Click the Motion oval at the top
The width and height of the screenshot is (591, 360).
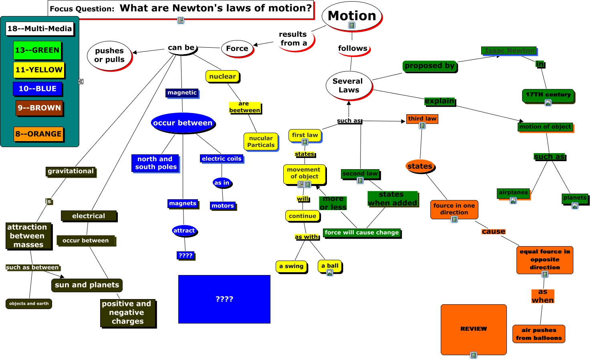pos(352,16)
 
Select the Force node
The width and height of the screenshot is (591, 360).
pos(237,49)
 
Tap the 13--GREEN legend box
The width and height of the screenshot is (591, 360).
pos(37,51)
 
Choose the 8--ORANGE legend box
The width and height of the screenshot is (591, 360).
pos(38,134)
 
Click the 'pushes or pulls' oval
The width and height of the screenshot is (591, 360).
pos(109,55)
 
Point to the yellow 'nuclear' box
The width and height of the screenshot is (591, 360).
pos(222,76)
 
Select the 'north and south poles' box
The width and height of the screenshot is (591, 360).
pos(155,163)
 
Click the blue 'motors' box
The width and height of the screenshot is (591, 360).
pos(223,206)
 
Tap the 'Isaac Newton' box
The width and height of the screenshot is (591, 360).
pos(509,51)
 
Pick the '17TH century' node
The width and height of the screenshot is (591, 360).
pos(548,95)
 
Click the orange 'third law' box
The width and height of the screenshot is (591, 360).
pos(422,119)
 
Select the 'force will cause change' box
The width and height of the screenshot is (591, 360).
pos(361,233)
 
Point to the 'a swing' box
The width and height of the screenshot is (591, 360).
pos(291,266)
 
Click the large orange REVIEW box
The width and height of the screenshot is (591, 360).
pos(474,329)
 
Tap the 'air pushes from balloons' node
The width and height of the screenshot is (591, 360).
pos(539,334)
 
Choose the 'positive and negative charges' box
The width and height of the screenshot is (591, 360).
pos(127,313)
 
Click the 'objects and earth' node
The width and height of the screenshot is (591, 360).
pos(29,303)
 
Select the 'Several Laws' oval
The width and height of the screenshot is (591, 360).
pos(348,85)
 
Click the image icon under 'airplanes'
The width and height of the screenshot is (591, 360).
pos(513,200)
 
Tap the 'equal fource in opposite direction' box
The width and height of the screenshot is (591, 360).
pos(545,259)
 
